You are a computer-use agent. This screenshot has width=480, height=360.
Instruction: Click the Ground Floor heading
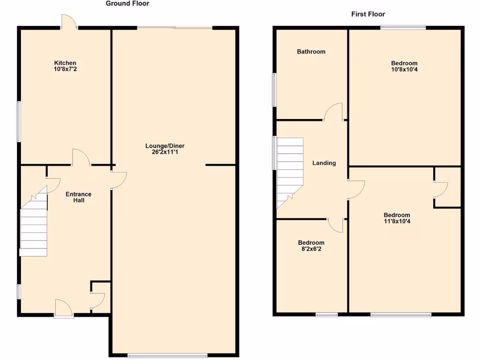point(127,4)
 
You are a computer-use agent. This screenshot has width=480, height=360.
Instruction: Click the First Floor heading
point(368,15)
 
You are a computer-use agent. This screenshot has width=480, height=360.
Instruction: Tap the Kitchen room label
point(65,63)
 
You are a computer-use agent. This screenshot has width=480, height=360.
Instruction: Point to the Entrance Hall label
point(78,197)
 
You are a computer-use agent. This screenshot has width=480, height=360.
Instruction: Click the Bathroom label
point(311,52)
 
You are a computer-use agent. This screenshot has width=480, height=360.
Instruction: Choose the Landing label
point(324,163)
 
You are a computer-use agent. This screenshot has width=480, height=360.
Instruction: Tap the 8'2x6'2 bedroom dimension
point(311,249)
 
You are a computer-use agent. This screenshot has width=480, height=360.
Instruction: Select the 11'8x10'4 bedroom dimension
point(397,221)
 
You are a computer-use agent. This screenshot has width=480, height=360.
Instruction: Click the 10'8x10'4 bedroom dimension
point(404,69)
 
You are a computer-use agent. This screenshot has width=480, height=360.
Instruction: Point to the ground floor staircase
point(34,225)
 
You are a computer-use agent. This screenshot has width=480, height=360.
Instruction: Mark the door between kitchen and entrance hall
point(81,157)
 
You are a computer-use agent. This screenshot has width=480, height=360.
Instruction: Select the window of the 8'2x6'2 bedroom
point(327,315)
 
